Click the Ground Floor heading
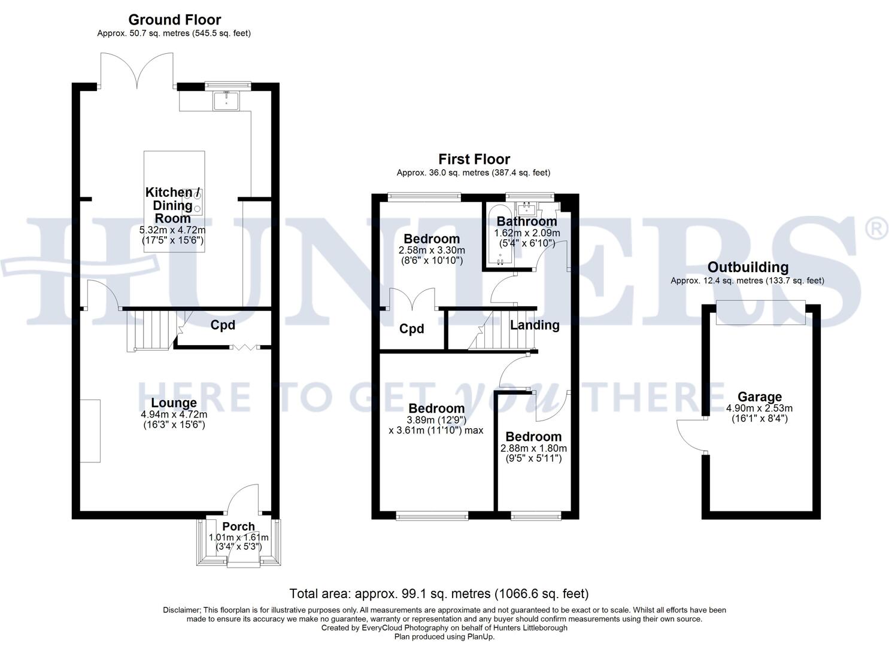pyautogui.click(x=174, y=20)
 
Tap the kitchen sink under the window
pyautogui.click(x=226, y=101)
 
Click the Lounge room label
pyautogui.click(x=174, y=403)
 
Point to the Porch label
pyautogui.click(x=238, y=526)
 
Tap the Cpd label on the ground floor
pyautogui.click(x=223, y=325)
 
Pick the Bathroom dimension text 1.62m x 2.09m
pyautogui.click(x=527, y=233)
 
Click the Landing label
pyautogui.click(x=535, y=325)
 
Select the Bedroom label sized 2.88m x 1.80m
pyautogui.click(x=533, y=437)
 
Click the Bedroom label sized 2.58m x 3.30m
pyautogui.click(x=431, y=239)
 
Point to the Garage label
pyautogui.click(x=759, y=397)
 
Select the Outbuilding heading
pyautogui.click(x=747, y=267)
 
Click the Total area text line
pyautogui.click(x=439, y=593)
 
